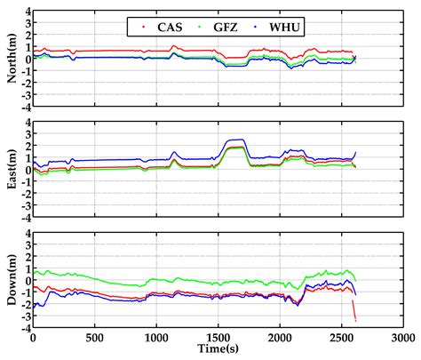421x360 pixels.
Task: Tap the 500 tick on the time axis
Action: [94, 338]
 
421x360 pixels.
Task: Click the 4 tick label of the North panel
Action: [27, 12]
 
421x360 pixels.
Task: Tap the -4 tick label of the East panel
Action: [25, 217]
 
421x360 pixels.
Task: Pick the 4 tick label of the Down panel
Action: [27, 234]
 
